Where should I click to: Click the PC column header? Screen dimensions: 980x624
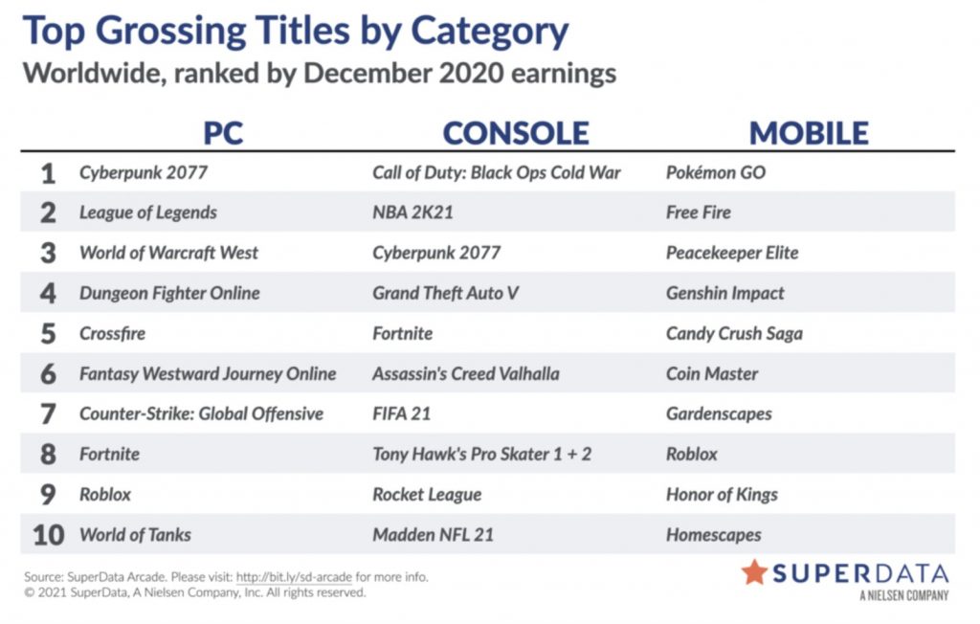pos(223,133)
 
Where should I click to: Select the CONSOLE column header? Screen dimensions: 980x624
pos(516,133)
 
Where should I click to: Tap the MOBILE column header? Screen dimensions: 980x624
pos(809,133)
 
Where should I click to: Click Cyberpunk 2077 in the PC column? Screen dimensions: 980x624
pos(144,172)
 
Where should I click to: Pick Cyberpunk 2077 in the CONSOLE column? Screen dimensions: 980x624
pos(436,253)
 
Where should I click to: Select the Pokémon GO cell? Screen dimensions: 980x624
pos(716,172)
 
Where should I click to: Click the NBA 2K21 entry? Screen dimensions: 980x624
pos(412,212)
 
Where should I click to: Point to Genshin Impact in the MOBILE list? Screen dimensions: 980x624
pos(725,293)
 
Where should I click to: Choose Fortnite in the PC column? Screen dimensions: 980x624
pos(109,454)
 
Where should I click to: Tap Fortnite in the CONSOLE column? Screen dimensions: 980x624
pos(403,333)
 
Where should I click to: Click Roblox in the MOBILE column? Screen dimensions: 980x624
pos(692,454)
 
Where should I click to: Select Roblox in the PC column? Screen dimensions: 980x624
pos(105,495)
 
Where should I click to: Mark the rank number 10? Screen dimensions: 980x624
pos(48,535)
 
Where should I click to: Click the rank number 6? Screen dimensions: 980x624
pos(48,374)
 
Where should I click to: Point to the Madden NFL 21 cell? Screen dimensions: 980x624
pos(434,535)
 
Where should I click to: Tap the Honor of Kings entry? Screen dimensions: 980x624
pos(722,495)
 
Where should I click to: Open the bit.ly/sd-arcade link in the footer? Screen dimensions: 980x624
pos(294,577)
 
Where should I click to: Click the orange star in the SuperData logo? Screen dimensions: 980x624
pos(754,572)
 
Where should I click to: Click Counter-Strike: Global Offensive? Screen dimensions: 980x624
pos(201,413)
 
